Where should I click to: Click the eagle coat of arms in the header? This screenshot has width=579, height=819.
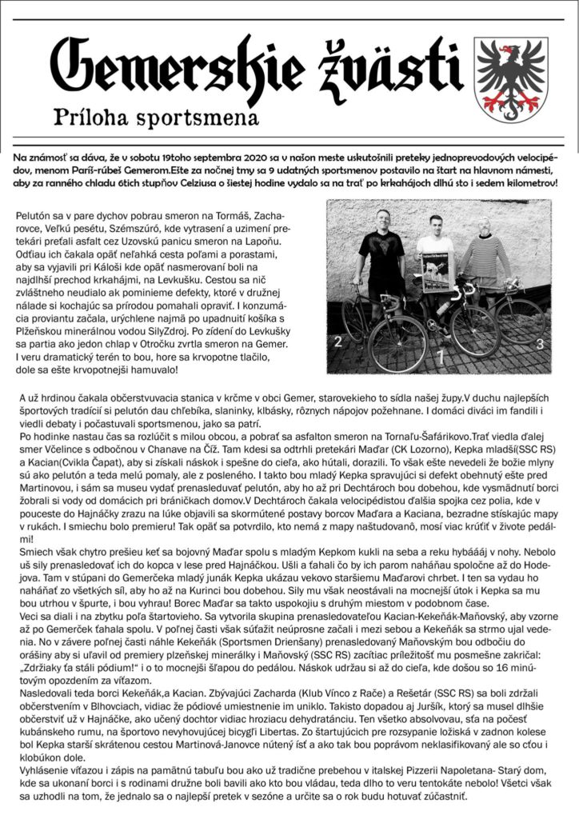point(511,78)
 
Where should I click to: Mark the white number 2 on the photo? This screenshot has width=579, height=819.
point(338,342)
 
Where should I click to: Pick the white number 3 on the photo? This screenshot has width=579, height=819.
point(540,344)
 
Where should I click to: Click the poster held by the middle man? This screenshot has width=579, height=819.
point(437,272)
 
